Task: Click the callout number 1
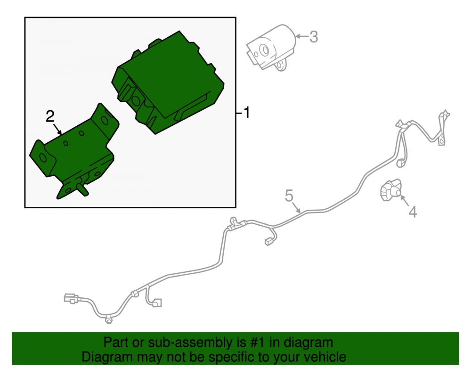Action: [247, 113]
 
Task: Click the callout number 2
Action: [50, 116]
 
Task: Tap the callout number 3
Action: [314, 37]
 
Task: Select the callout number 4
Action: [413, 212]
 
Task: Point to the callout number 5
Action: [289, 196]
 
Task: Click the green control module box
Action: [168, 82]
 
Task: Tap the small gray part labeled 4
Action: [391, 190]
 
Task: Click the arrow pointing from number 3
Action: [302, 36]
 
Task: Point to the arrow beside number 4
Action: [404, 200]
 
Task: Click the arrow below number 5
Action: [296, 208]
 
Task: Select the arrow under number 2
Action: [57, 129]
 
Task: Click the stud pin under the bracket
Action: [82, 190]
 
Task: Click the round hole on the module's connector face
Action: [136, 101]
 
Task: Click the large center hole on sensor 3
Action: [264, 50]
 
